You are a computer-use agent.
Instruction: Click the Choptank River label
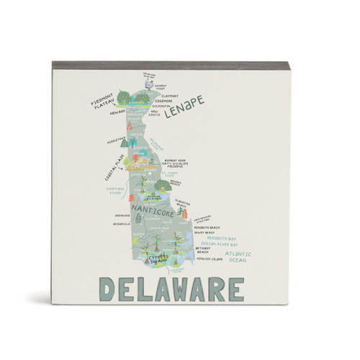[x=106, y=192]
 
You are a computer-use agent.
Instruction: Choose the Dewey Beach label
[x=204, y=233]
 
